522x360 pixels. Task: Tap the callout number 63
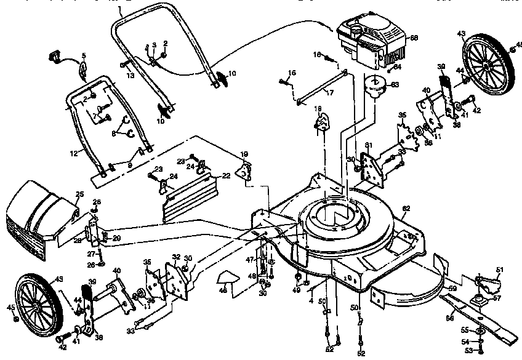pyautogui.click(x=395, y=84)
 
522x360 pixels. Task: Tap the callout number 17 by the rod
pyautogui.click(x=330, y=93)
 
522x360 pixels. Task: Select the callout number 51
pyautogui.click(x=499, y=269)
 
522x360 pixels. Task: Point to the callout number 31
pyautogui.click(x=369, y=145)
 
